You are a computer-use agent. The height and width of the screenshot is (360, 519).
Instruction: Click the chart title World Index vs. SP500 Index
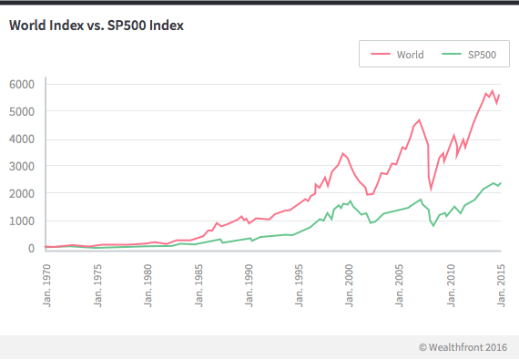tap(97, 26)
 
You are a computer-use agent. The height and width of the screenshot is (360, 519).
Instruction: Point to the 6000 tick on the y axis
tap(21, 84)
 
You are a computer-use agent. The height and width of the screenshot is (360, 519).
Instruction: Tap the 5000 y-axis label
tap(21, 111)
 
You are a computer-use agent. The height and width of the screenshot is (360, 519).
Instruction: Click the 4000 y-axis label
tap(21, 139)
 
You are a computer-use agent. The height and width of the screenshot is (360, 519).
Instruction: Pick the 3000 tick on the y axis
tap(21, 166)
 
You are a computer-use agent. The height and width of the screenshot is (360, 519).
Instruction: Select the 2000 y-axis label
tap(21, 193)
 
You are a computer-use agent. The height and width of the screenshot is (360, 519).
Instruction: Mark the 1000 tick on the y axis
tap(21, 221)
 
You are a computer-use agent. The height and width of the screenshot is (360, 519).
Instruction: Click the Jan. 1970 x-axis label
tap(46, 282)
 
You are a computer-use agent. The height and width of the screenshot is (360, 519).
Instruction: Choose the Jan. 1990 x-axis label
tap(249, 282)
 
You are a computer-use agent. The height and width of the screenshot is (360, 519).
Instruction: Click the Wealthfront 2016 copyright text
tap(463, 346)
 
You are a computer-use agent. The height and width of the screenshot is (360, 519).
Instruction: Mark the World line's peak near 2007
tap(419, 119)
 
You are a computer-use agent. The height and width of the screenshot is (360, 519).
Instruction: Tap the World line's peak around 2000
tap(342, 153)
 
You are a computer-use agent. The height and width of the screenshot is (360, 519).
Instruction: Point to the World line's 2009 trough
tap(432, 189)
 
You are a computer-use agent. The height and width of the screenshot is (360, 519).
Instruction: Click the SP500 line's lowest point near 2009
tap(433, 225)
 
